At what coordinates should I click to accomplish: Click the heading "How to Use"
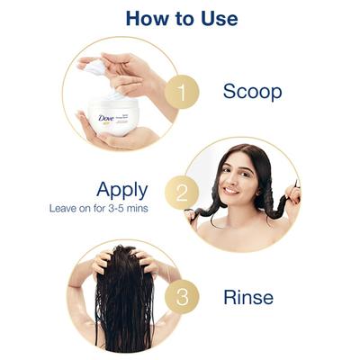pos(182,18)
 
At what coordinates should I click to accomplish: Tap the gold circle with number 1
pos(182,92)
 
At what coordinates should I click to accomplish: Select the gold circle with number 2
pos(182,193)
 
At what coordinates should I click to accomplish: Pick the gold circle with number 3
pos(182,297)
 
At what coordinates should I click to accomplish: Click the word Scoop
pos(252,92)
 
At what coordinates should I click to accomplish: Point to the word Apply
pos(122,191)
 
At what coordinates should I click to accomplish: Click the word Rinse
pos(248,297)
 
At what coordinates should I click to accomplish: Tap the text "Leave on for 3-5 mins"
pos(99,208)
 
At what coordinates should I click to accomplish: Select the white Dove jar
pos(114,114)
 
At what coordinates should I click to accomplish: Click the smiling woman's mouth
pos(231,190)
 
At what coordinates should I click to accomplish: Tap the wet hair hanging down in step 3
pos(124,303)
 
